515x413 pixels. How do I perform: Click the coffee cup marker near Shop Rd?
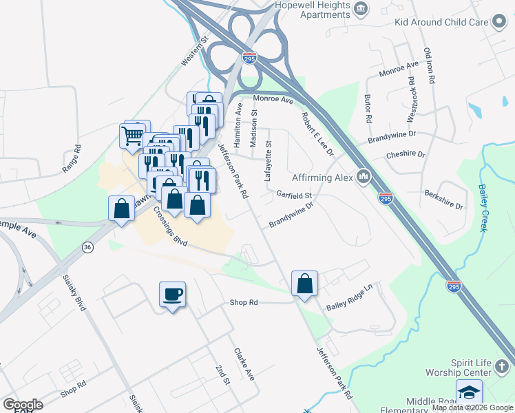coord(172,295)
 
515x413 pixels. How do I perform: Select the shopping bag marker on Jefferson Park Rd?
coord(304,284)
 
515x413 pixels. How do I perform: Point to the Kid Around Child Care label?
coord(441,22)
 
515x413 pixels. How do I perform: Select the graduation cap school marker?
coord(469,392)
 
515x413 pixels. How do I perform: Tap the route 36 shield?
coord(87,248)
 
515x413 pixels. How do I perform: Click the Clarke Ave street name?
coord(244,364)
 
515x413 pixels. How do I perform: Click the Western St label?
coord(193,51)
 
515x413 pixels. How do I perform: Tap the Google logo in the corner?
coord(22,405)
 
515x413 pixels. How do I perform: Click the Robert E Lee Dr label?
coord(317,132)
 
